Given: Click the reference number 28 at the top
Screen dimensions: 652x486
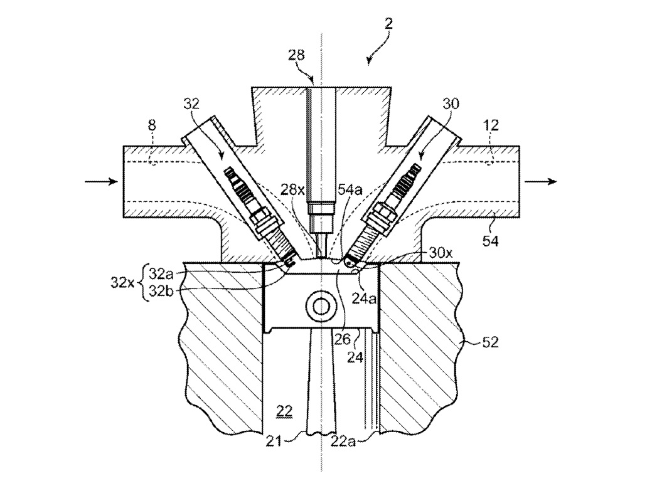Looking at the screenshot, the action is click(x=296, y=55).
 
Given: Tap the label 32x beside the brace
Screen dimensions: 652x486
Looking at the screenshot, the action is click(x=122, y=283).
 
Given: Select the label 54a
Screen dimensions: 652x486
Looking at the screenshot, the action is click(x=350, y=190).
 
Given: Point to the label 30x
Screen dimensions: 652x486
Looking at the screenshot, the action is click(x=441, y=253).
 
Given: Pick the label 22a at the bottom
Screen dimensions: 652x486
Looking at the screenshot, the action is click(x=343, y=441).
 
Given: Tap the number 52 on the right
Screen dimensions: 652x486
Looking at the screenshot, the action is click(x=490, y=342).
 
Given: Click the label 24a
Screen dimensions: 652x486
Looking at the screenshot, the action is click(x=365, y=299).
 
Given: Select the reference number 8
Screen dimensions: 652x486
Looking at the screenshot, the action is click(x=152, y=125).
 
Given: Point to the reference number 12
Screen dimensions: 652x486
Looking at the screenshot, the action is click(x=491, y=125).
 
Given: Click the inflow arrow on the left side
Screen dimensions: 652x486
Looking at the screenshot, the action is click(x=101, y=181).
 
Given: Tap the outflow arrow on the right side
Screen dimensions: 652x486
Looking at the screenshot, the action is click(x=540, y=181).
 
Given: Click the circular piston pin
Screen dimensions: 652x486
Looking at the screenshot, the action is click(x=321, y=307).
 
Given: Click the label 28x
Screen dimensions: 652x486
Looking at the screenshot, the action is click(x=291, y=190).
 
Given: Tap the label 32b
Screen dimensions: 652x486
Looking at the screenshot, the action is click(x=162, y=291).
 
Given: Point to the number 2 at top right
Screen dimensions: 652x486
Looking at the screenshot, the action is click(x=388, y=23).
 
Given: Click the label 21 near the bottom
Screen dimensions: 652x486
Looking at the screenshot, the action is click(x=274, y=441).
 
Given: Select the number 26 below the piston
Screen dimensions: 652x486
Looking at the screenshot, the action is click(x=343, y=341).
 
